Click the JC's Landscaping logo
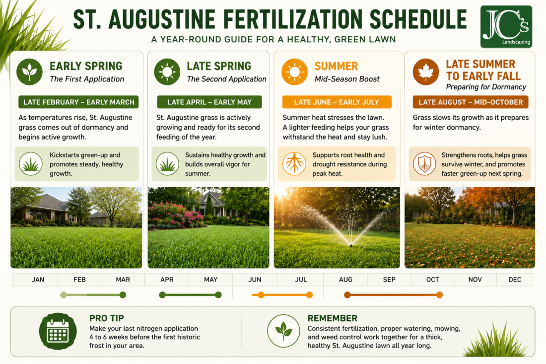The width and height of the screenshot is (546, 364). pyautogui.click(x=506, y=26)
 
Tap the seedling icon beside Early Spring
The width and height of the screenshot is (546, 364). pyautogui.click(x=30, y=72)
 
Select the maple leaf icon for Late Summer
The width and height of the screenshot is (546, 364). pyautogui.click(x=425, y=72)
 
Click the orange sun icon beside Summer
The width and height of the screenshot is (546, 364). pyautogui.click(x=294, y=72)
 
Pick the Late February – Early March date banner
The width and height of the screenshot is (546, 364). pyautogui.click(x=79, y=102)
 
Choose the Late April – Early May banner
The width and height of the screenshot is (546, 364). pyautogui.click(x=209, y=102)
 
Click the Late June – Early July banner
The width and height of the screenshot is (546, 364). pyautogui.click(x=337, y=102)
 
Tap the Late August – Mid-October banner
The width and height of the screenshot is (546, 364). pyautogui.click(x=471, y=102)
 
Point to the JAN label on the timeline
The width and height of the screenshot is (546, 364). pyautogui.click(x=38, y=280)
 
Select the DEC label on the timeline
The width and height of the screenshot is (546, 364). pyautogui.click(x=515, y=280)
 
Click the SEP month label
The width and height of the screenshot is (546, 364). pyautogui.click(x=389, y=280)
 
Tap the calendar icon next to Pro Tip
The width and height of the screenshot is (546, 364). pyautogui.click(x=58, y=331)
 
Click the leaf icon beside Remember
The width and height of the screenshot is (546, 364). pyautogui.click(x=283, y=331)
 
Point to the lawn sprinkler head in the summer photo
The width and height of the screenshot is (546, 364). pyautogui.click(x=351, y=244)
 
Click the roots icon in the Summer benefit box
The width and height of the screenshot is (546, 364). pyautogui.click(x=294, y=163)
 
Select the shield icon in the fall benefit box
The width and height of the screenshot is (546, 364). pyautogui.click(x=424, y=164)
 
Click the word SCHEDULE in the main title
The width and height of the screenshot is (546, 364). pyautogui.click(x=418, y=19)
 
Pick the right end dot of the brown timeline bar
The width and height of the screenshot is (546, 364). pyautogui.click(x=439, y=295)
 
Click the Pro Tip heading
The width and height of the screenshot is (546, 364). pyautogui.click(x=107, y=318)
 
